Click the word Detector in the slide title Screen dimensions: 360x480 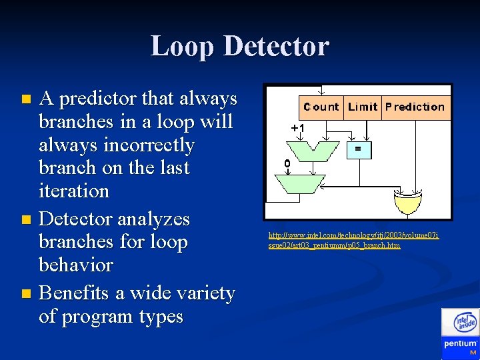(277, 47)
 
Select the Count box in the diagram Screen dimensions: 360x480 (321, 107)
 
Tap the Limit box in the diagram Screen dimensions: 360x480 (363, 107)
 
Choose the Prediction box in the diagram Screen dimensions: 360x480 (415, 107)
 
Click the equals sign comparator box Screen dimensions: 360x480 (358, 151)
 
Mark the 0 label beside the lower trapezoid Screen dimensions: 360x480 (287, 164)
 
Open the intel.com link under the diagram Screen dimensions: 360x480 (353, 240)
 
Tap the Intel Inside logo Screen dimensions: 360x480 (465, 323)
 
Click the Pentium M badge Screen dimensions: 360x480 (461, 347)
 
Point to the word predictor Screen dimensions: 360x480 (94, 99)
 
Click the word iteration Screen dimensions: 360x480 (74, 191)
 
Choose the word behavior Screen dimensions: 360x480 (76, 265)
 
